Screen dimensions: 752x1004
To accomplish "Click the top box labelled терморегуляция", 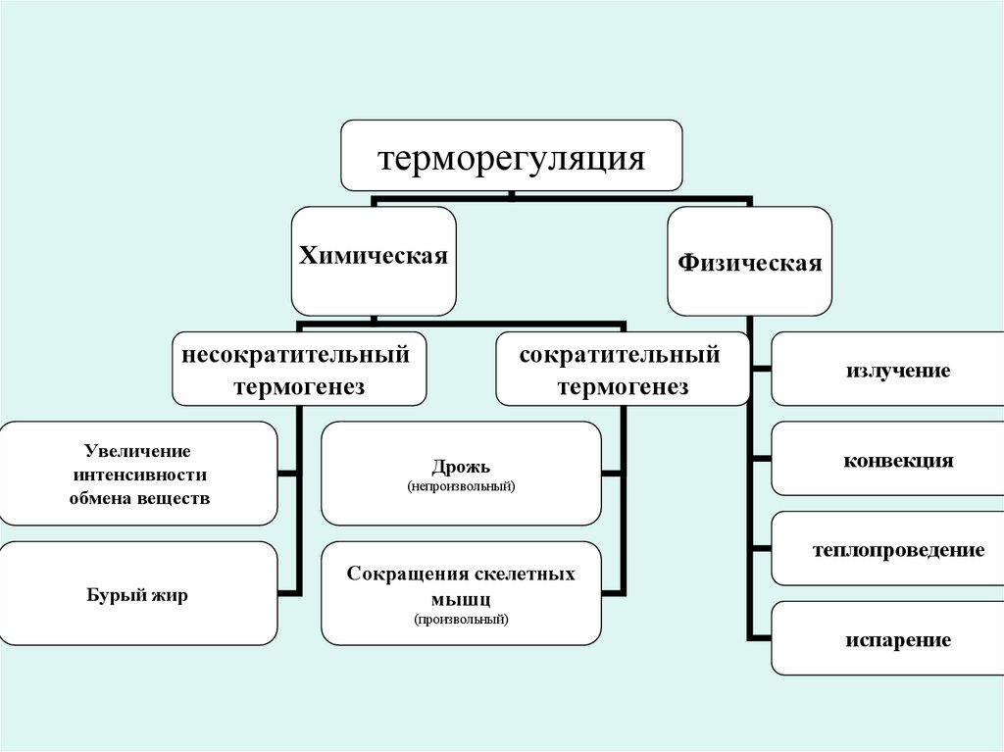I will pyautogui.click(x=511, y=156).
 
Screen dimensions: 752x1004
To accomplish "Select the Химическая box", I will pyautogui.click(x=373, y=261).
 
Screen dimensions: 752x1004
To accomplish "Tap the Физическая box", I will pyautogui.click(x=749, y=262).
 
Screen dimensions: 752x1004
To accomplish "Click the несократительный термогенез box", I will pyautogui.click(x=299, y=369).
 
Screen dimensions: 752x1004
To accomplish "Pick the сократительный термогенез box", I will pyautogui.click(x=622, y=369).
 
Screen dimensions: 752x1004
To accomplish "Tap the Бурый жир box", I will pyautogui.click(x=136, y=594).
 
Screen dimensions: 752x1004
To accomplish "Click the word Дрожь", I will pyautogui.click(x=460, y=466).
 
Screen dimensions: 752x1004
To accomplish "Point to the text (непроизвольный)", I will pyautogui.click(x=461, y=485).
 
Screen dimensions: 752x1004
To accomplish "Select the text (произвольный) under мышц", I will pyautogui.click(x=461, y=619).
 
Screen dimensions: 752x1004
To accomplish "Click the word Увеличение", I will pyautogui.click(x=136, y=452).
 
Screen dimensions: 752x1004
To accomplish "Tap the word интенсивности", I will pyautogui.click(x=136, y=475).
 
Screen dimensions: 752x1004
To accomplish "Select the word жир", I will pyautogui.click(x=168, y=594).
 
